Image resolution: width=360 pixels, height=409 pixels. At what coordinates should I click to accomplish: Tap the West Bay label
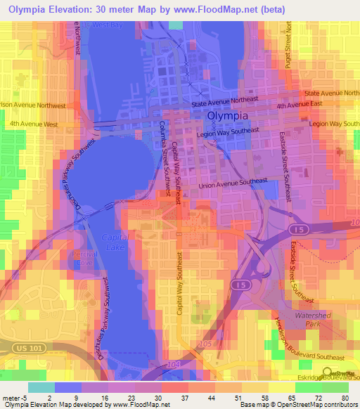pos(107,25)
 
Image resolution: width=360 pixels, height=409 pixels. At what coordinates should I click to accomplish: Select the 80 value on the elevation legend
pos(344,397)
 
